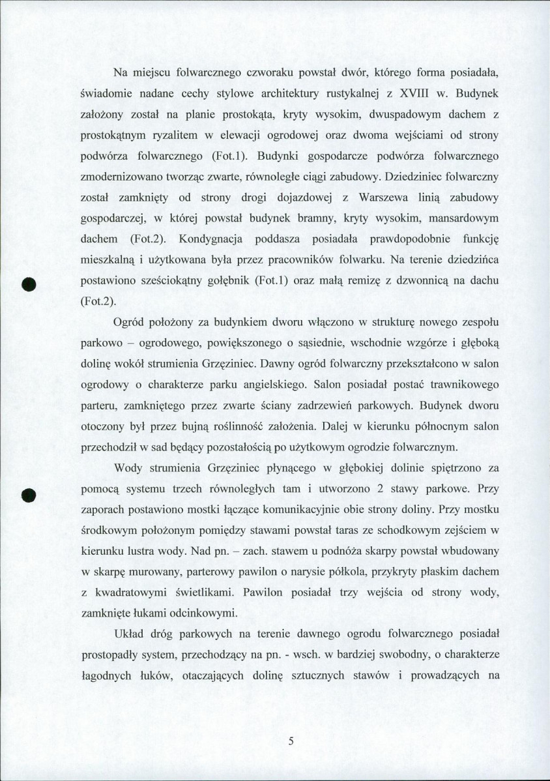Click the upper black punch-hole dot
28,285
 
